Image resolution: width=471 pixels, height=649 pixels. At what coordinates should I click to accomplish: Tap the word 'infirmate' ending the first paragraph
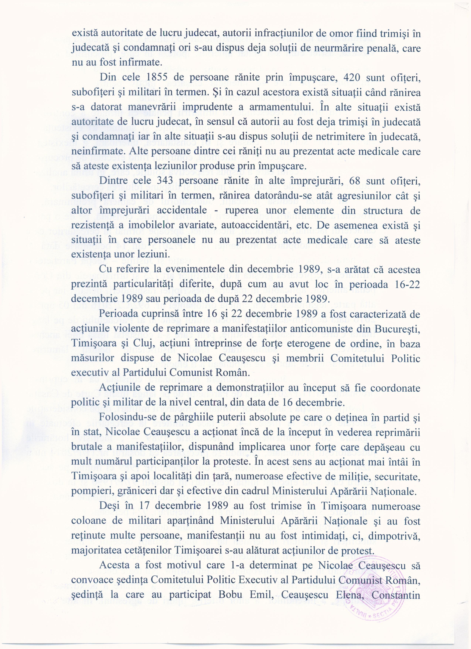pyautogui.click(x=135, y=63)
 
